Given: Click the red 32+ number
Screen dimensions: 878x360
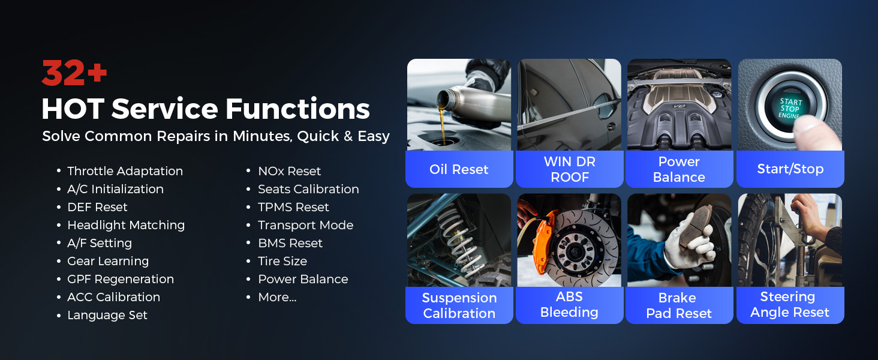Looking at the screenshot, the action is click(74, 73).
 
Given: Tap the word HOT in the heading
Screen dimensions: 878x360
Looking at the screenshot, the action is click(73, 109).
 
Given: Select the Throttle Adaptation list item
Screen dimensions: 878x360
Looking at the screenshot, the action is click(125, 171).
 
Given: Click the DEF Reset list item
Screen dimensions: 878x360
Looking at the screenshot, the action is click(97, 207).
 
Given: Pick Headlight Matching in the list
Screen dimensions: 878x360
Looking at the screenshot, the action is click(126, 225).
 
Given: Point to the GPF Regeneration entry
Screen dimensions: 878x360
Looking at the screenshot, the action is click(121, 279).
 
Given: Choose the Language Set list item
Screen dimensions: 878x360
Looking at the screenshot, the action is click(107, 315).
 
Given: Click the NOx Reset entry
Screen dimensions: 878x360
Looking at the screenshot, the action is click(289, 171).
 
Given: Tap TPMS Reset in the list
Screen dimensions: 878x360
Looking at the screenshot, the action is click(293, 207).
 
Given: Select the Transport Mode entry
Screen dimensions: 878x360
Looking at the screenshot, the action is click(305, 225).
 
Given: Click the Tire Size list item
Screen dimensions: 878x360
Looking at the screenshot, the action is click(282, 261).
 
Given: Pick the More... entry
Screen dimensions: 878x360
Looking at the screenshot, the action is click(277, 297).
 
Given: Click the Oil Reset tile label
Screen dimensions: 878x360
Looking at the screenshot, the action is click(459, 169).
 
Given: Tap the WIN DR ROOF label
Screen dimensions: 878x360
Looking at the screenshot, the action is click(570, 169).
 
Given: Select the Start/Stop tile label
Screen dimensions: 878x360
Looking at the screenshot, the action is click(790, 169).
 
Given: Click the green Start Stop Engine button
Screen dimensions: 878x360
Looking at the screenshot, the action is click(790, 108).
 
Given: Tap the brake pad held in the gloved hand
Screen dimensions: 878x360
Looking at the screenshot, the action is click(694, 227).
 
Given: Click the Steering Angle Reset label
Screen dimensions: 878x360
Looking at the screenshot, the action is click(790, 305).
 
